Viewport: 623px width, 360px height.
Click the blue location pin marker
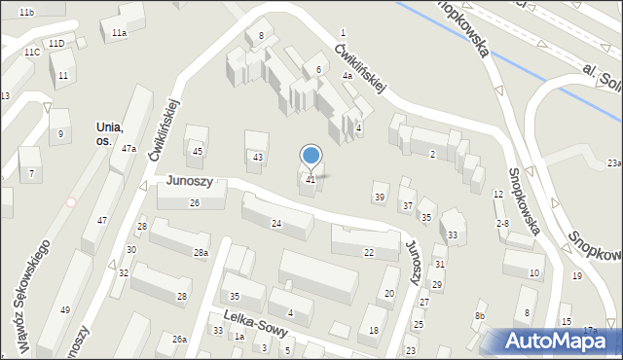coord(311,156)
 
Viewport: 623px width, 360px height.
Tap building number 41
coord(311,180)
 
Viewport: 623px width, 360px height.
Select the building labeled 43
coord(257,157)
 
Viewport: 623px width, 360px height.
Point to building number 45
coord(197,151)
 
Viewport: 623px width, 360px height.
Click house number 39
coord(380,198)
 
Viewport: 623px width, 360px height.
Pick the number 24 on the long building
coord(276,224)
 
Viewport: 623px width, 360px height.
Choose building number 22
coord(368,253)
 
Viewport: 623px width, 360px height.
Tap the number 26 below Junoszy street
coord(195,202)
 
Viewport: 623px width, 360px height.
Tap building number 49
coord(65,309)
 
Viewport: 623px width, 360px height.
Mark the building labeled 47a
coord(128,148)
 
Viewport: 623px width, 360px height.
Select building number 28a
coord(201,253)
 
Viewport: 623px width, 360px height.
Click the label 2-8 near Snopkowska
coord(502,224)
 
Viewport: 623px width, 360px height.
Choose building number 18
coord(374,331)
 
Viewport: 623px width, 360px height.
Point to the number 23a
coord(613,162)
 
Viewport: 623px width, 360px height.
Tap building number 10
coord(533,272)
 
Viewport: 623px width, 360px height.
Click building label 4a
coord(346,75)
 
